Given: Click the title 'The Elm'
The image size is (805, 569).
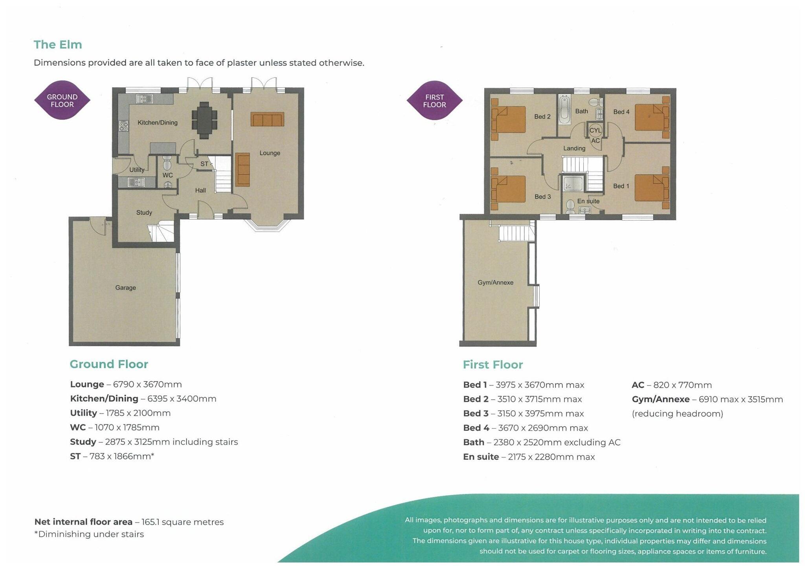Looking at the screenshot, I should click(x=58, y=45).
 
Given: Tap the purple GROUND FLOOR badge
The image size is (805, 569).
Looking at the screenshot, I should click(x=62, y=101).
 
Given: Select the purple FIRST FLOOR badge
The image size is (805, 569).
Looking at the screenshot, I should click(x=434, y=101).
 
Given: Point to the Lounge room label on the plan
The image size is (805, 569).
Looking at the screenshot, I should click(x=270, y=153).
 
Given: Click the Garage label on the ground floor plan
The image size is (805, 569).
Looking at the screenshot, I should click(x=125, y=288).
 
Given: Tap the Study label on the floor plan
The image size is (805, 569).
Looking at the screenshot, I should click(x=144, y=213).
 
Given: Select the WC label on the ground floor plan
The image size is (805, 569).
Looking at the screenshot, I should click(x=167, y=175).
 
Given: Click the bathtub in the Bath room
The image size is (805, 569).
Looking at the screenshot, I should click(x=564, y=110).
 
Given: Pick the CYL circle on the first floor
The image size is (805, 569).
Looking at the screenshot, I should click(x=595, y=130).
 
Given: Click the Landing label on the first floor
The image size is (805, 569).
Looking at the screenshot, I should click(x=574, y=149).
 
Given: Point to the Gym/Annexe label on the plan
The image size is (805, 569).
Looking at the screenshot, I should click(x=495, y=283).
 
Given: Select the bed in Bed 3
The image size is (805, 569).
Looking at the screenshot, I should click(x=509, y=189).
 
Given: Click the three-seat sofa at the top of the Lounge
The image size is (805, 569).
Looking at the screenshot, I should click(x=267, y=119).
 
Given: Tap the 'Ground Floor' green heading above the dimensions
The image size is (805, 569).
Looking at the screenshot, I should click(x=109, y=364).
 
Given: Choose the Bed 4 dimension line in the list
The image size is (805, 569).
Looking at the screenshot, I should click(x=525, y=428).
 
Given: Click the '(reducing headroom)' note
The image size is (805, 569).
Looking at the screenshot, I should click(x=677, y=414).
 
